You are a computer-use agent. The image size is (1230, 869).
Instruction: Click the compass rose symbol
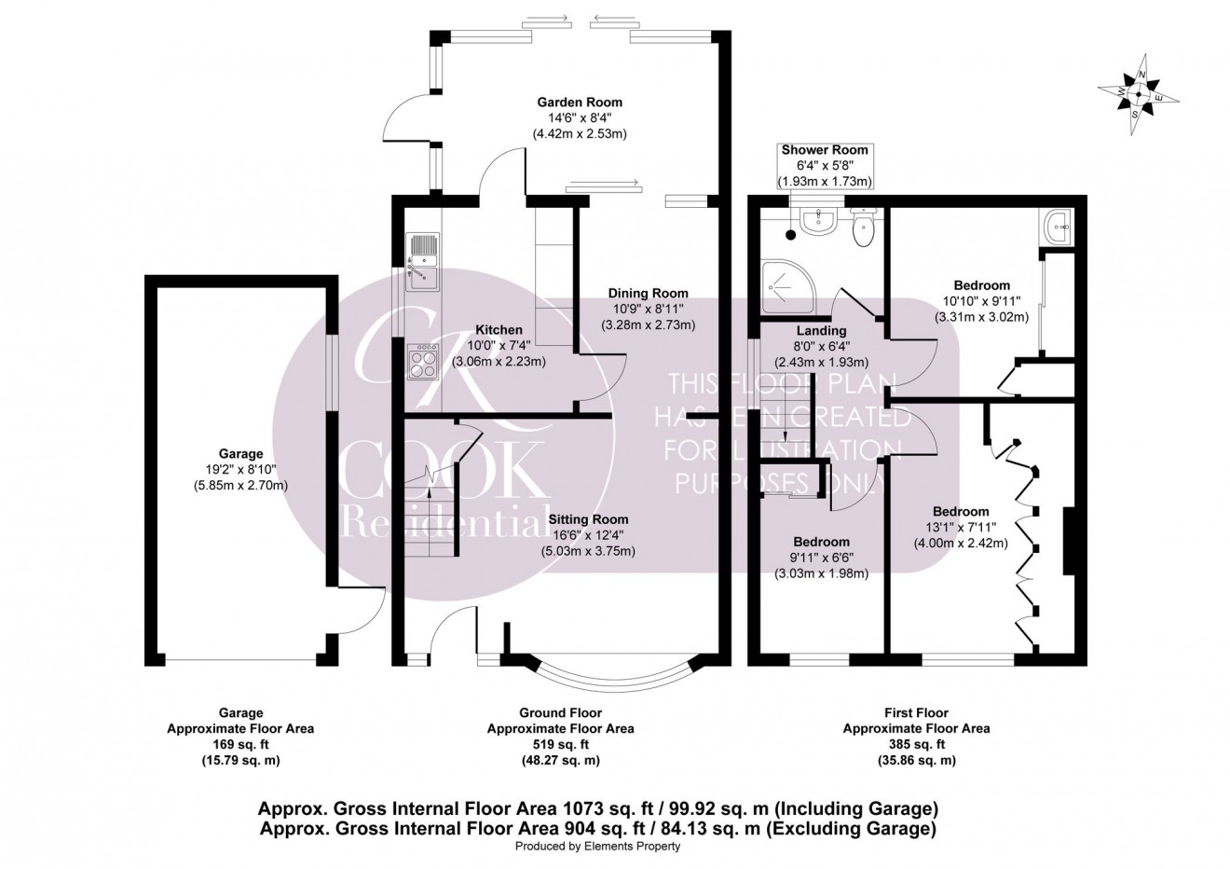coord(1138,94)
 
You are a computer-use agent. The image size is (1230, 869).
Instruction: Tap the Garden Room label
coord(579,103)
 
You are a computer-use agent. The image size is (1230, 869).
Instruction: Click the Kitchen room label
coord(499,330)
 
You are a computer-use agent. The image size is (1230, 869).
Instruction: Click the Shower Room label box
coord(825,165)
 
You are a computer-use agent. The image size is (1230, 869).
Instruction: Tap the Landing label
coord(821,331)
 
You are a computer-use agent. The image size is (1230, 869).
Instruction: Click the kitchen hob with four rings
coord(423,361)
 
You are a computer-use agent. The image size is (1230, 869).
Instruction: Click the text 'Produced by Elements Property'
coord(597,847)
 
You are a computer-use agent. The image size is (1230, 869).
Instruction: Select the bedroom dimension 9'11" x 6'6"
coord(821,559)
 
